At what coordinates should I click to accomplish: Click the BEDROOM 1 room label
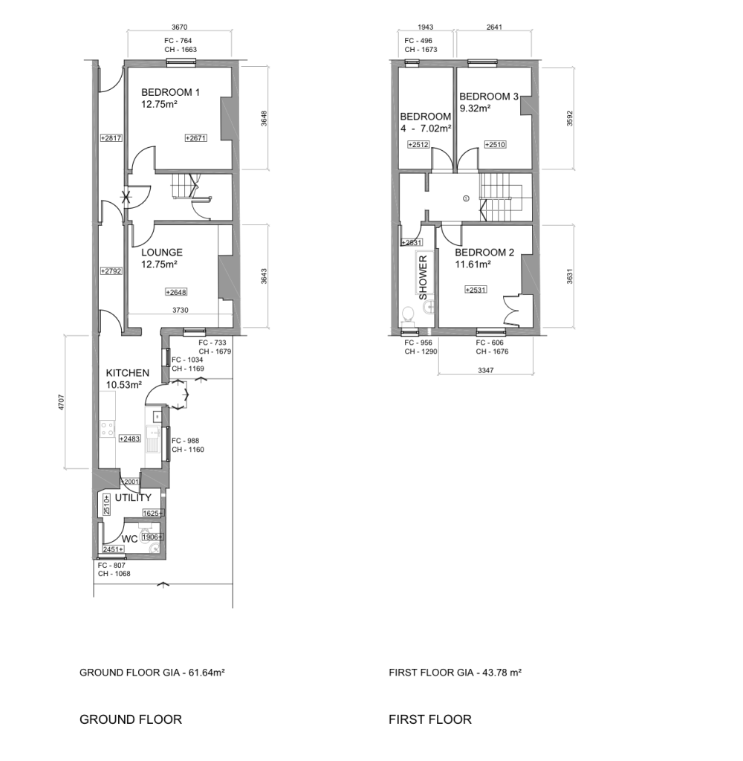[170, 92]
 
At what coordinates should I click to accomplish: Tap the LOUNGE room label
[162, 253]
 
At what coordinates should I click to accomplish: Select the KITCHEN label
[128, 373]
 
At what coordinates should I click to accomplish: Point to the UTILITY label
[133, 497]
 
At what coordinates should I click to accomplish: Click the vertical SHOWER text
[424, 278]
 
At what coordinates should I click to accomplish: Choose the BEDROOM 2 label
[484, 253]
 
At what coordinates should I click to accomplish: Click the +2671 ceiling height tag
[196, 137]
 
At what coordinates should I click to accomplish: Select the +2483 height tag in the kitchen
[129, 438]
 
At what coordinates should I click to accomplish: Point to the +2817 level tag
[111, 137]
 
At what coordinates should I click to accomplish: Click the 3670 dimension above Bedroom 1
[180, 27]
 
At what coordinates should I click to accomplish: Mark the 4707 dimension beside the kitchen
[61, 402]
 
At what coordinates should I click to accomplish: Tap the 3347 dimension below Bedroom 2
[486, 370]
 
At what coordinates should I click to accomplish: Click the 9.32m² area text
[475, 109]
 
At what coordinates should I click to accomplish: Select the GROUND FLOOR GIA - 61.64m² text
[152, 673]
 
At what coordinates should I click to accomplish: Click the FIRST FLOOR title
[430, 719]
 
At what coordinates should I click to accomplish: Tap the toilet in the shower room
[408, 315]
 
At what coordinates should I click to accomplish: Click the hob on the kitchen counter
[107, 429]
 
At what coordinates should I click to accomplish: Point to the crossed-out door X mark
[126, 197]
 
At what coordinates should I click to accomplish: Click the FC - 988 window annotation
[186, 441]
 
